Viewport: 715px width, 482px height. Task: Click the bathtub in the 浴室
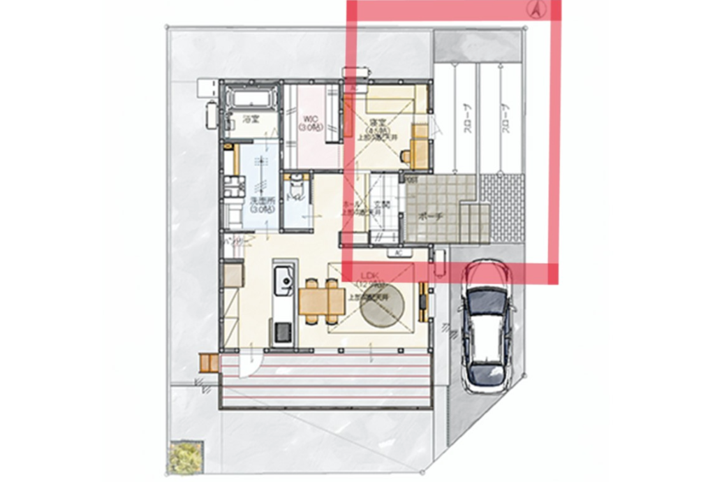click(251, 98)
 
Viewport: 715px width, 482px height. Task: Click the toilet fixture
click(296, 188)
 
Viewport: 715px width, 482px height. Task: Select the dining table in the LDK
click(322, 302)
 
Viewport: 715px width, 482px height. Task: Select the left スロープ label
click(466, 119)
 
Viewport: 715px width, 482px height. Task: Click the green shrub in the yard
click(184, 456)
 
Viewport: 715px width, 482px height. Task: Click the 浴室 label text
click(251, 120)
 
